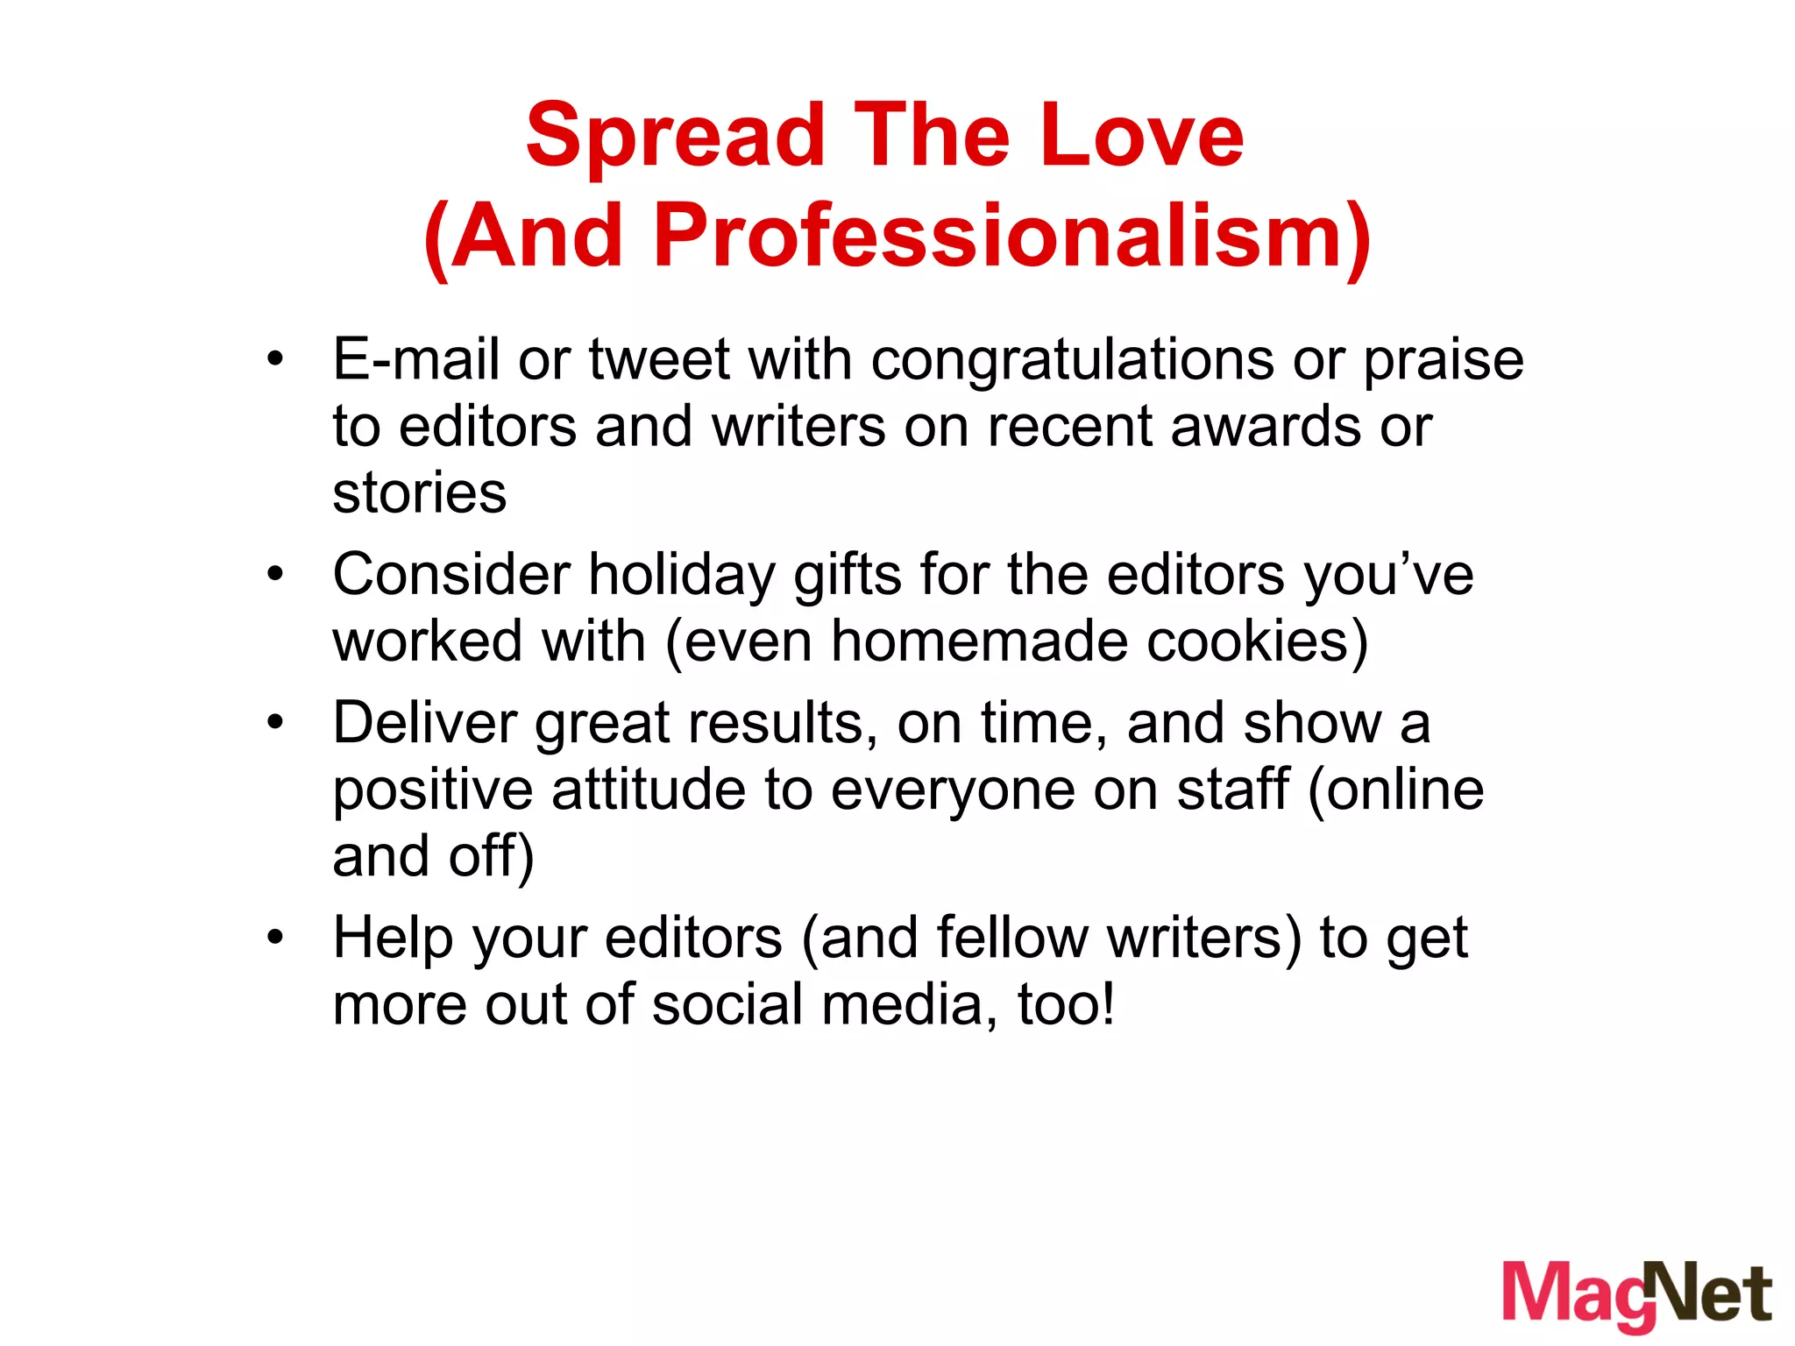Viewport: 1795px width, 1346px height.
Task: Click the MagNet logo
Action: [x=1637, y=1295]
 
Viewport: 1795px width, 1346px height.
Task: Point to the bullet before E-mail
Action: [x=276, y=359]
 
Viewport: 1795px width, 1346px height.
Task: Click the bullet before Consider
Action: [x=276, y=575]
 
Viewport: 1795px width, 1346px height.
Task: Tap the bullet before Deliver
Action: [x=276, y=723]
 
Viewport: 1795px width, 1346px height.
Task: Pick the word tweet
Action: [x=658, y=360]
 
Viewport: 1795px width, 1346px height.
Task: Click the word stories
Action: [x=420, y=492]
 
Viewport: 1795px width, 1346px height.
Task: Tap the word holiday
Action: [x=682, y=576]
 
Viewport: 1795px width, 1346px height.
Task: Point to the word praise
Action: [x=1444, y=360]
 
